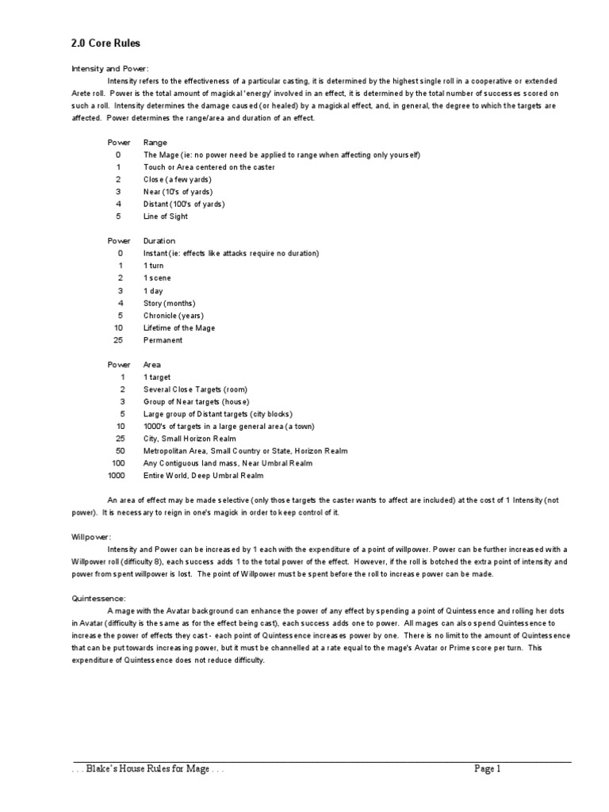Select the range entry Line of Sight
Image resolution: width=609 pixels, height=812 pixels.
[164, 216]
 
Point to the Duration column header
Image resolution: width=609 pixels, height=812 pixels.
[159, 240]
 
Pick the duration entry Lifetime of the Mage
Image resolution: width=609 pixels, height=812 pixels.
[179, 327]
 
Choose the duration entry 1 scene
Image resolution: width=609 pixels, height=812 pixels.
[157, 278]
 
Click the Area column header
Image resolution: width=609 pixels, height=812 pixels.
[152, 365]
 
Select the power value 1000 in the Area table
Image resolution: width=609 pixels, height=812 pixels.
[117, 476]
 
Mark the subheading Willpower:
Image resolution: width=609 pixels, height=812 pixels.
[87, 538]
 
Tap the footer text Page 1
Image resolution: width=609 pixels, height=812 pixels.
[488, 768]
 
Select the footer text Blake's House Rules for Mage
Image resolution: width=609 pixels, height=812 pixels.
[147, 769]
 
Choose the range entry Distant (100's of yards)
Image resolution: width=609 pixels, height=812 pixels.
[184, 204]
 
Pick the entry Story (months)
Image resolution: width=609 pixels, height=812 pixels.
[169, 303]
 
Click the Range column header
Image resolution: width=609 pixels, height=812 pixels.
[155, 142]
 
